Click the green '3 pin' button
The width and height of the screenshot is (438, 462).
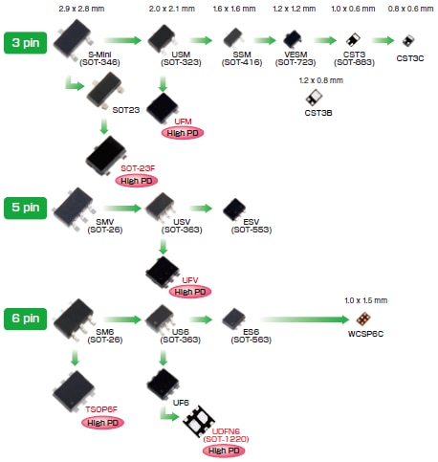click(26, 44)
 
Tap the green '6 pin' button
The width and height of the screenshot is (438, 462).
click(26, 317)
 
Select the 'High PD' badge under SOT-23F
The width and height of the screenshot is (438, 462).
click(137, 180)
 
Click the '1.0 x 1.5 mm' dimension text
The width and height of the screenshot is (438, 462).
click(364, 299)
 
